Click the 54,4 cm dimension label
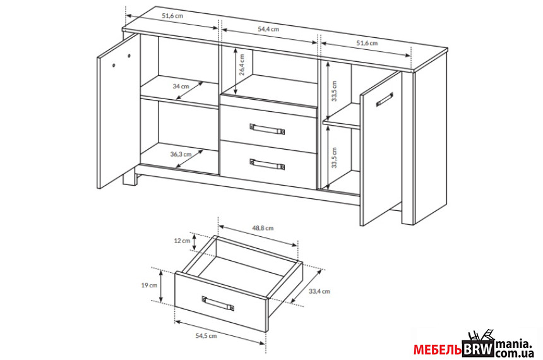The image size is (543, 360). [x=268, y=29]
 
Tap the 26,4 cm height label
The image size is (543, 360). [x=242, y=64]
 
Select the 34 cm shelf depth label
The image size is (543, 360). [x=181, y=86]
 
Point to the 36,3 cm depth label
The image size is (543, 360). [x=181, y=154]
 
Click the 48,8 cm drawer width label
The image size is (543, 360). [x=263, y=228]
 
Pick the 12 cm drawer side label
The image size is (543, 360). [x=182, y=241]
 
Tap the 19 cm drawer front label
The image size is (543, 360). [x=149, y=285]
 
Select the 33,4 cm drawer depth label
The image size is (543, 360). [x=319, y=291]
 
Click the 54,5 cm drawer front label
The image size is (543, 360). [x=206, y=336]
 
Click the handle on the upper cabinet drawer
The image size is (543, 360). [x=267, y=129]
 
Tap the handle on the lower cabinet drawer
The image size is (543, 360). [x=267, y=164]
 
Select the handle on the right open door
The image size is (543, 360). [x=385, y=99]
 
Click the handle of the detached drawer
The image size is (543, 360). [x=218, y=304]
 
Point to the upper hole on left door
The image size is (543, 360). [x=129, y=56]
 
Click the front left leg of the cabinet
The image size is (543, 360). [x=129, y=179]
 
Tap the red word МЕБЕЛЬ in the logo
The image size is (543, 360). [x=437, y=350]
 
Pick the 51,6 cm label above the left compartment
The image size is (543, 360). [x=172, y=16]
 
